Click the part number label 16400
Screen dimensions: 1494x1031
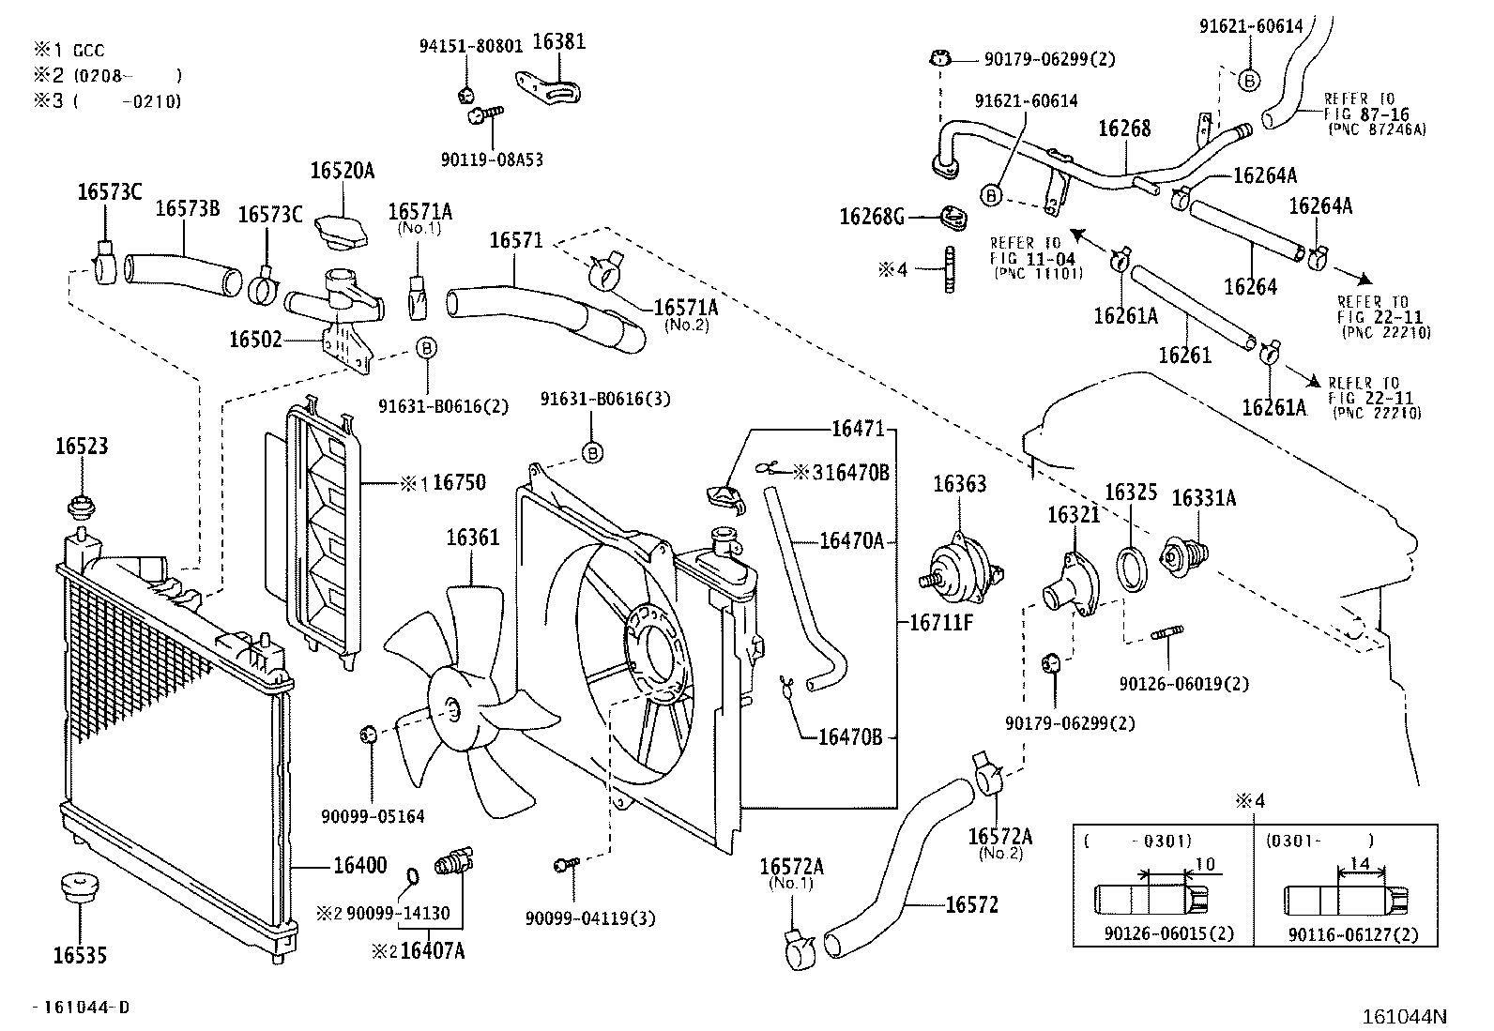359,866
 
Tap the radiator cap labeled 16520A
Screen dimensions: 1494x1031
342,231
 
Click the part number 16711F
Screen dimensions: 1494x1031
941,622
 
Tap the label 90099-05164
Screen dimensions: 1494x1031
373,816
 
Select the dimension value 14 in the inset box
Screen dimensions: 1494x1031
1359,864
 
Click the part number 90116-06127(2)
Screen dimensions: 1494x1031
1353,935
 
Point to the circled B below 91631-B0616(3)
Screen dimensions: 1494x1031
592,453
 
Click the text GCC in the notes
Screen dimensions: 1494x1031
89,51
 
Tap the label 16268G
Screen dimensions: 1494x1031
871,217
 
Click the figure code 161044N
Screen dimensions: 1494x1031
1404,1016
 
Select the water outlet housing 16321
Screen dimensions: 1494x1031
1071,584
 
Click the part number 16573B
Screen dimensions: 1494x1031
188,208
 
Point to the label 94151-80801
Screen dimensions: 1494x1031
471,45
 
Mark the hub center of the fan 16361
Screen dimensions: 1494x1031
452,710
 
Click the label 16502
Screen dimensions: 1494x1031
255,340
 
